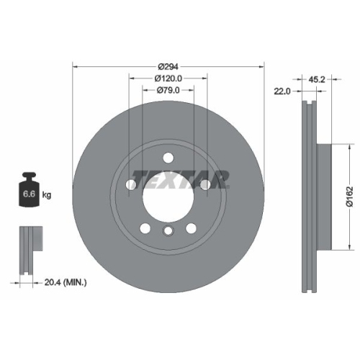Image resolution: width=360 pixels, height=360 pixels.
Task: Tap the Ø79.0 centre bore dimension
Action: click(x=168, y=91)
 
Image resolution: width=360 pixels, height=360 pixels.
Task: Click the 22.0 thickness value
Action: click(x=282, y=91)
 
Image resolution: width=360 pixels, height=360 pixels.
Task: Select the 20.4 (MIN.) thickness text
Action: click(x=64, y=283)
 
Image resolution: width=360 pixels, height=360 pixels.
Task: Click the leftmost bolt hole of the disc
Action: click(x=131, y=185)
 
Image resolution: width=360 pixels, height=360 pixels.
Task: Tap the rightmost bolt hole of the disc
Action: click(x=205, y=185)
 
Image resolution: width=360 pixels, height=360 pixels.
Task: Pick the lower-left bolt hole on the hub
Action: click(x=145, y=228)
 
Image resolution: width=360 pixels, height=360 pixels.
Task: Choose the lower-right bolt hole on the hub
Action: click(x=191, y=228)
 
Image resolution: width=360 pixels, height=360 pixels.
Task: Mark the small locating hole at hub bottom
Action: click(x=168, y=231)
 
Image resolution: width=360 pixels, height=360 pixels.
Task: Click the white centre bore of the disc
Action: click(x=168, y=193)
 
